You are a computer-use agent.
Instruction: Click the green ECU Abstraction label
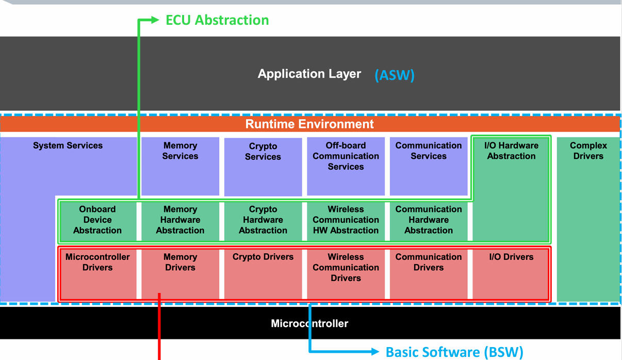217,20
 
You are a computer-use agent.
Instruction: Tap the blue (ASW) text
395,75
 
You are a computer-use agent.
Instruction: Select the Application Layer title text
309,74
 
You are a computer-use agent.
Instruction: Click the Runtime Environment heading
309,124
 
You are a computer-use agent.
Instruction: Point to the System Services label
68,145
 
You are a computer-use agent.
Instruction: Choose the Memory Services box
180,167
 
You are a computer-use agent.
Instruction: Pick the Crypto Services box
263,167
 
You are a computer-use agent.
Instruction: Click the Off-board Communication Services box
346,167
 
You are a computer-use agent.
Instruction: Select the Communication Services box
429,167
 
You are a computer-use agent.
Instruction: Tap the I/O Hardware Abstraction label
511,151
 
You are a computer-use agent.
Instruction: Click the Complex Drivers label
588,151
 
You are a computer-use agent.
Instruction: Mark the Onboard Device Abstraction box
98,221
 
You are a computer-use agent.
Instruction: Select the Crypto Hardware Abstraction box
263,221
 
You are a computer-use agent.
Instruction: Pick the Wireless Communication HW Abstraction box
346,221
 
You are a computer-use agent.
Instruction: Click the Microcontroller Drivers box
99,274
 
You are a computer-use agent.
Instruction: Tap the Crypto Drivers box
263,274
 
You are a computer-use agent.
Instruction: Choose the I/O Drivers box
511,274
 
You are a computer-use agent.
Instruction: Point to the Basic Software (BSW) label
454,352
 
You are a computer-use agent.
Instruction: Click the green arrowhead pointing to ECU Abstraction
155,20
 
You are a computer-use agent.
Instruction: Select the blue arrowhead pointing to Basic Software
375,352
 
